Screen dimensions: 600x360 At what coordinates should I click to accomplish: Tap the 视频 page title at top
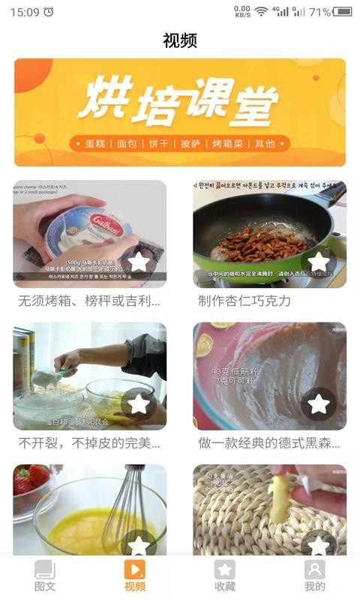180,40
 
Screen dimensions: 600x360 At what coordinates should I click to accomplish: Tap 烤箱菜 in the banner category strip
229,143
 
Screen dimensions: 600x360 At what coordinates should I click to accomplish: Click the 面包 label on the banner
129,143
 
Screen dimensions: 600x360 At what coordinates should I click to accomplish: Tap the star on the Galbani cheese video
139,262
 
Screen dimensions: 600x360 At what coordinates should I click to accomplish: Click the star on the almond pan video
319,262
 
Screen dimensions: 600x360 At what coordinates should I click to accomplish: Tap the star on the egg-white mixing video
139,403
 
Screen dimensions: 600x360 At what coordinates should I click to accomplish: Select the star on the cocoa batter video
319,403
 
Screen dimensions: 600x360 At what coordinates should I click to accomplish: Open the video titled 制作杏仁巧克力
244,301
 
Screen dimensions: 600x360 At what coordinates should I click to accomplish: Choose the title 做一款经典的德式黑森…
268,442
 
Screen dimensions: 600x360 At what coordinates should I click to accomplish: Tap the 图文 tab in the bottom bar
45,575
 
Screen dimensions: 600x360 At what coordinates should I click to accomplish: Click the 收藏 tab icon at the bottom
225,569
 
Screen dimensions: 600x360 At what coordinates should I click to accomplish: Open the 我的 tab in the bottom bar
315,575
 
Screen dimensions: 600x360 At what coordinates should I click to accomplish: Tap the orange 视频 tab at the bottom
135,575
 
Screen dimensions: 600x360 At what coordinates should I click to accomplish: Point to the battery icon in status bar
343,11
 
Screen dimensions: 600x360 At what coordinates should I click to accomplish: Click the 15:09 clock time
25,12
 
